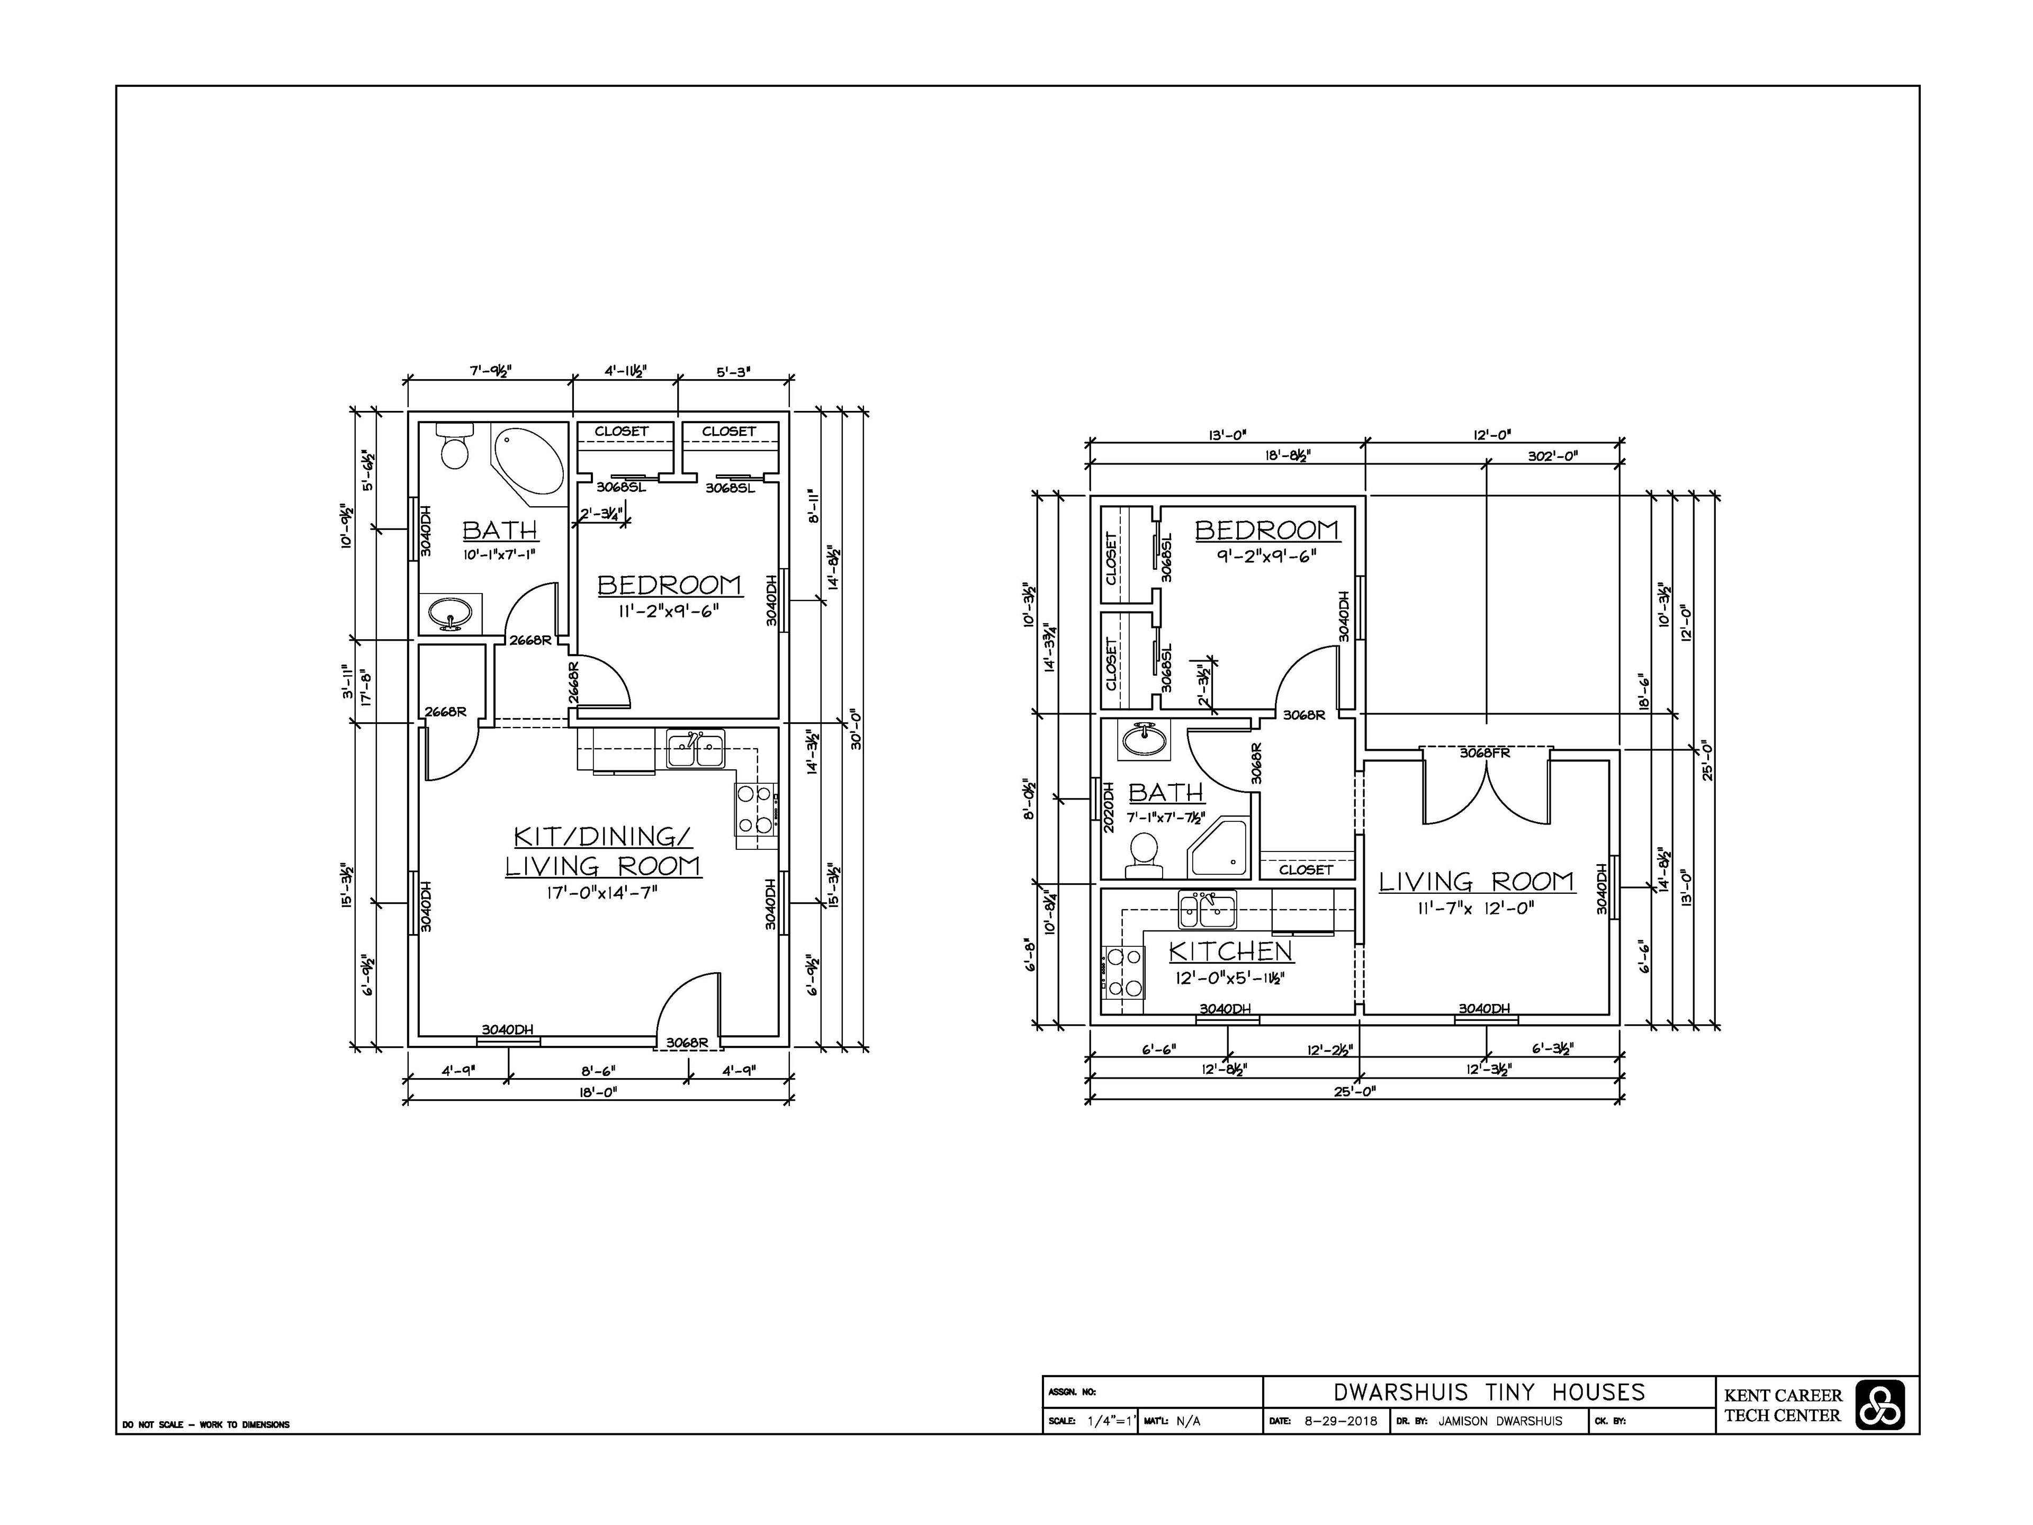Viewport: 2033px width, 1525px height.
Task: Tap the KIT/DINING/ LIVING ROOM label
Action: pos(603,851)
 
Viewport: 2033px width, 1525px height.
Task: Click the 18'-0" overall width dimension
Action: pos(597,1091)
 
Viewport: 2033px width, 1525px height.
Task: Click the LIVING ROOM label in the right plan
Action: pos(1476,882)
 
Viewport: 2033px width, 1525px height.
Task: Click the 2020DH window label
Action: pos(1109,807)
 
